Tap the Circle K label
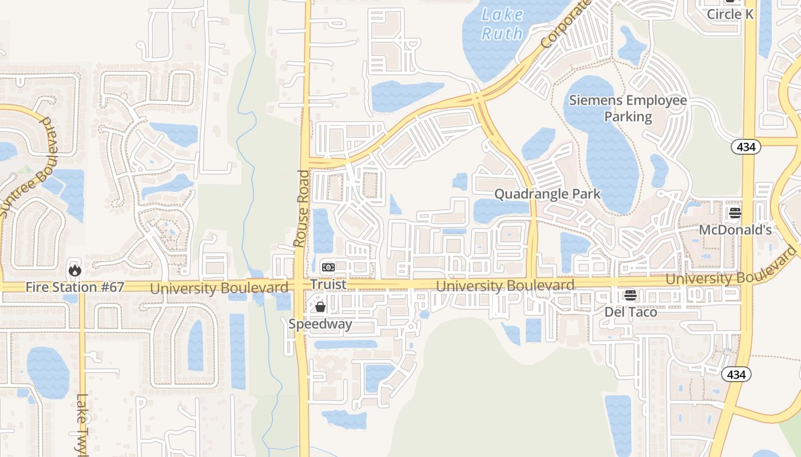click(730, 14)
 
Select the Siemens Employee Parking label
click(628, 109)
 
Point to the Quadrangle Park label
click(548, 194)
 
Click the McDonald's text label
click(735, 230)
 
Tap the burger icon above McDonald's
click(735, 214)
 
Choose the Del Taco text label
click(631, 312)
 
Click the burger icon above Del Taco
click(631, 295)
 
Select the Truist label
click(328, 284)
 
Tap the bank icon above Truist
click(328, 267)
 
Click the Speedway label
click(320, 324)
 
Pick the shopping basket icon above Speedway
click(320, 307)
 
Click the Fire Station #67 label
click(74, 287)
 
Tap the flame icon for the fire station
click(74, 270)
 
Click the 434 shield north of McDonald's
click(746, 147)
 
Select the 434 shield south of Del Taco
click(736, 374)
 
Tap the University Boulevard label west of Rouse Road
click(219, 288)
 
